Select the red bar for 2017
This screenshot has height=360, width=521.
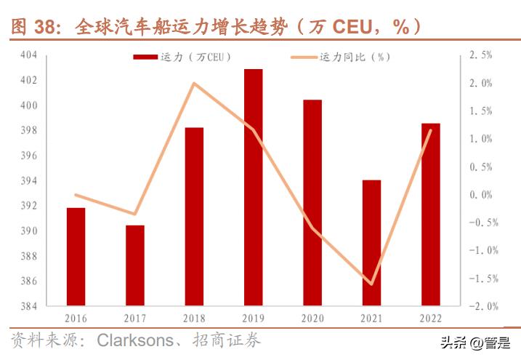[135, 265]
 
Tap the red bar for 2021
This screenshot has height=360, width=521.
[371, 242]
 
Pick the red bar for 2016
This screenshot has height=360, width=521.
[76, 256]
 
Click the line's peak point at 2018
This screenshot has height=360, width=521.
[194, 83]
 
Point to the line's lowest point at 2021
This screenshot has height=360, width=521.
[371, 284]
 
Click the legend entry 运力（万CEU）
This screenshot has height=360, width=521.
[185, 57]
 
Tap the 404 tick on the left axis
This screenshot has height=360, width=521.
[29, 55]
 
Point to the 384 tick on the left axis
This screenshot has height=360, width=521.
[29, 306]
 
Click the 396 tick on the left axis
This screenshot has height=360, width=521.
[29, 156]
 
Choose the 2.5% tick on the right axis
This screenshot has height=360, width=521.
[480, 55]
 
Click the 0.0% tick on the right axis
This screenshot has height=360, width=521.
[480, 195]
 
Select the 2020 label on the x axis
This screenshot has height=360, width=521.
[312, 318]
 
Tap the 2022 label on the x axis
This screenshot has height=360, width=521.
[430, 318]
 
